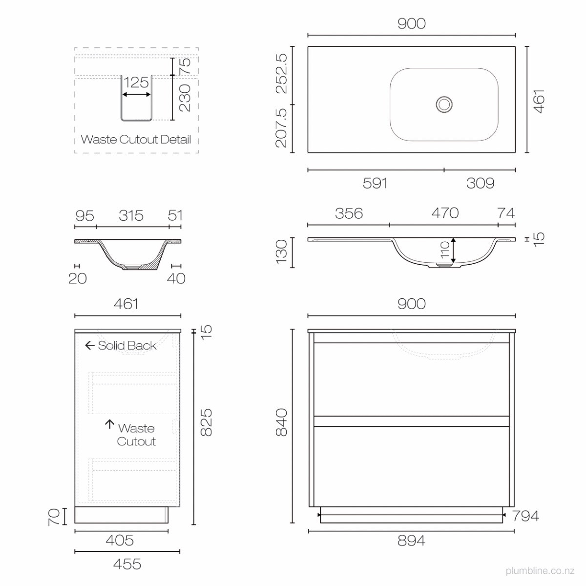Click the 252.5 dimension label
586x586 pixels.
coord(281,73)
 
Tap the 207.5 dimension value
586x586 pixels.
coord(281,128)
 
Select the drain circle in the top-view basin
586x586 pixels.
coord(444,105)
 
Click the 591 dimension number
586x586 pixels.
coord(375,183)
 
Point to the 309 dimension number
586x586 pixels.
coord(480,183)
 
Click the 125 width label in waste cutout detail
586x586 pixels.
coord(136,83)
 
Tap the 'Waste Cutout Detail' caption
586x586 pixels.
coord(136,139)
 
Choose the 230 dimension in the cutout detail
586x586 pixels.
coord(185,98)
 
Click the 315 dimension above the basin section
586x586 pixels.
coord(131,216)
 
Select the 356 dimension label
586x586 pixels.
coord(349,213)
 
